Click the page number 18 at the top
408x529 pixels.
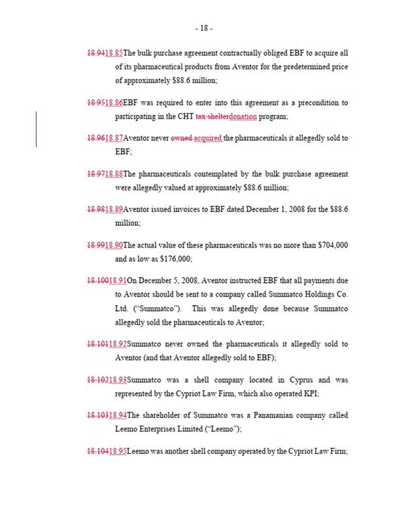(x=203, y=28)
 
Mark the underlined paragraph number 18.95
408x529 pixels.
(x=118, y=451)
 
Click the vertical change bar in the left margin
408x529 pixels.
(x=36, y=130)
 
